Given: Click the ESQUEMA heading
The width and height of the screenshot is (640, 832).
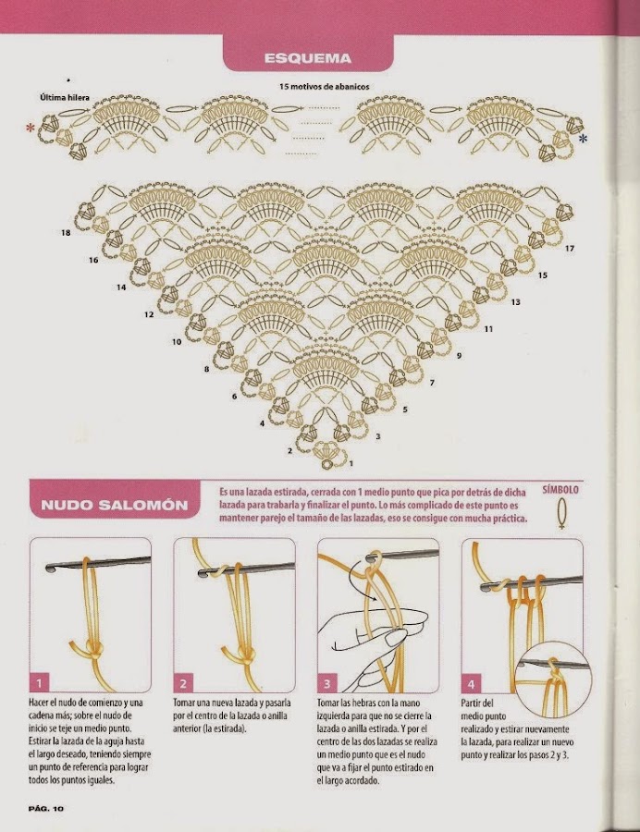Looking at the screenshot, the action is click(x=308, y=57).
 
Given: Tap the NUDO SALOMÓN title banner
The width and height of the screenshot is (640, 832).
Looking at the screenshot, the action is click(x=115, y=504).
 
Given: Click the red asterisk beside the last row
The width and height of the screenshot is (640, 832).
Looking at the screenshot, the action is click(x=31, y=128).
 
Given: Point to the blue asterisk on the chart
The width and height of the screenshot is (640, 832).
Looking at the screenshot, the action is click(x=584, y=139).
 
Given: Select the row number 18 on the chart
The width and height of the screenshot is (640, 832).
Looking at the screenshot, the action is click(x=66, y=232).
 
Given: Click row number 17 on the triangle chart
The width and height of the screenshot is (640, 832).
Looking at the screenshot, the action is click(x=570, y=248).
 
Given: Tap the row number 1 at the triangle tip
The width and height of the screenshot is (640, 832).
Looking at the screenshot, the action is click(x=351, y=463).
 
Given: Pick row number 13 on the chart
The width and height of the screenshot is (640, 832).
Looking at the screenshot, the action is click(x=515, y=302).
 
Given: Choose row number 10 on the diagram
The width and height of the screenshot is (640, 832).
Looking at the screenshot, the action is click(x=177, y=342).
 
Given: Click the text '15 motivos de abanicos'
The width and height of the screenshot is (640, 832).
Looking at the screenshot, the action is click(x=325, y=87).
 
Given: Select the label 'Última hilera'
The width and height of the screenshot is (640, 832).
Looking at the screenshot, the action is click(x=65, y=98).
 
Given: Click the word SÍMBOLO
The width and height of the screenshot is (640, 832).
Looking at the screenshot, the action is click(x=560, y=489).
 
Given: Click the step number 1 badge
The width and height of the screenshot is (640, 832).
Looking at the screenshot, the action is click(x=39, y=682).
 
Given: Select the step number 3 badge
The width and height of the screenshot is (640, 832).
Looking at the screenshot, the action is click(x=326, y=682).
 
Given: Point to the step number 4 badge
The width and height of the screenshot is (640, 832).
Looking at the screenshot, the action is click(x=471, y=683).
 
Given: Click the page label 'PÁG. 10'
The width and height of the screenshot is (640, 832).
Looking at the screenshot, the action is click(x=45, y=808).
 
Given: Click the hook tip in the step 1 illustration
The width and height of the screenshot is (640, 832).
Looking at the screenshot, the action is click(x=51, y=568).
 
